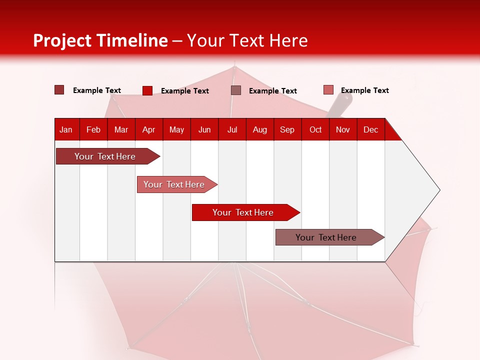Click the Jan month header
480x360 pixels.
pyautogui.click(x=66, y=130)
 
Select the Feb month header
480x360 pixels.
pyautogui.click(x=93, y=130)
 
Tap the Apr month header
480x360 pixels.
pyautogui.click(x=148, y=130)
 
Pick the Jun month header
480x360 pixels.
pyautogui.click(x=204, y=130)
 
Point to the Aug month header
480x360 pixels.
pyautogui.click(x=260, y=130)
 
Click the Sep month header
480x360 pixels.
pyautogui.click(x=287, y=130)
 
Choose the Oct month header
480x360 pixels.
pyautogui.click(x=315, y=130)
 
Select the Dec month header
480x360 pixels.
pyautogui.click(x=370, y=130)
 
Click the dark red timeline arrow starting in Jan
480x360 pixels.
pyautogui.click(x=105, y=156)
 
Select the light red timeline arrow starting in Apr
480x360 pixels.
pyautogui.click(x=174, y=184)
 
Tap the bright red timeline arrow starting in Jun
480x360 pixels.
pyautogui.click(x=243, y=212)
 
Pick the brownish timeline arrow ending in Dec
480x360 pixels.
pyautogui.click(x=326, y=237)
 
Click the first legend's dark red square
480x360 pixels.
pyautogui.click(x=59, y=90)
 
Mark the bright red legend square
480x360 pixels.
pyautogui.click(x=147, y=90)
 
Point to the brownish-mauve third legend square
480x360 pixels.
pyautogui.click(x=236, y=90)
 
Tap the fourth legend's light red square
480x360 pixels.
pyautogui.click(x=328, y=90)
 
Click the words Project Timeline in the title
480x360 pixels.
pyautogui.click(x=100, y=40)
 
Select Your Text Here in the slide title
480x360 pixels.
pyautogui.click(x=247, y=40)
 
